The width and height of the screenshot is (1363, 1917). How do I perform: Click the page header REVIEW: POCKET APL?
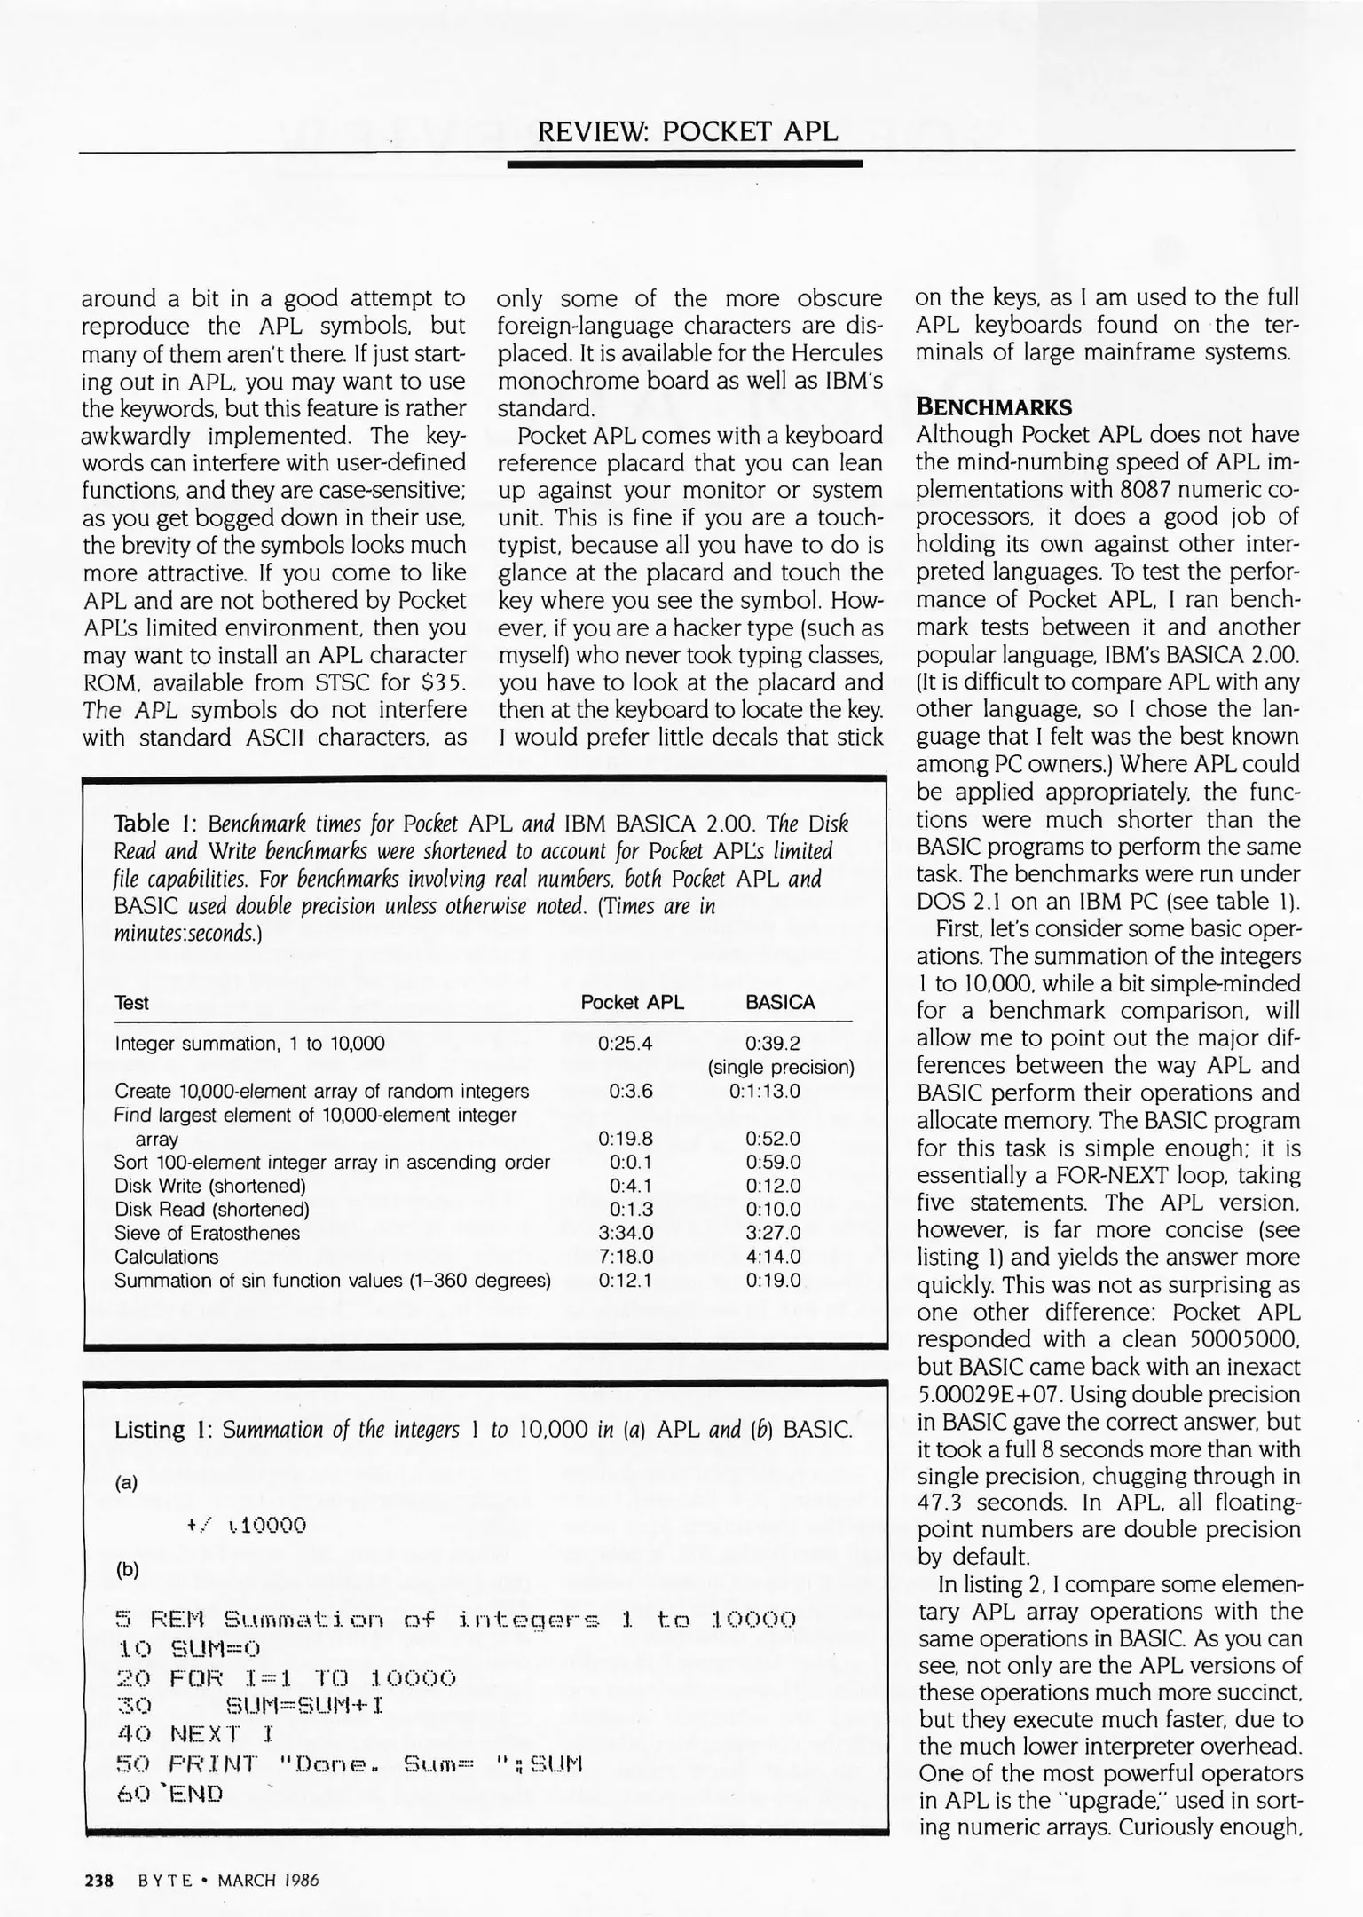point(687,131)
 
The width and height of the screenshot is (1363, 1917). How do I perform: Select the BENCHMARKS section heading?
point(994,407)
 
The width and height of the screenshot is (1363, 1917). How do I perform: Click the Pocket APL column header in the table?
point(632,1003)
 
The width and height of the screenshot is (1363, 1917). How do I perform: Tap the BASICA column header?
point(780,1003)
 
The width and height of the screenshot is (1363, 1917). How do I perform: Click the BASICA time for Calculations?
point(773,1258)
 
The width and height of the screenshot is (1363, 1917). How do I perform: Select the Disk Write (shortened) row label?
point(209,1187)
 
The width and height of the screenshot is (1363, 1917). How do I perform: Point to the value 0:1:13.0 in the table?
point(764,1092)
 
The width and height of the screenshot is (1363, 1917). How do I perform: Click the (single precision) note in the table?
point(781,1068)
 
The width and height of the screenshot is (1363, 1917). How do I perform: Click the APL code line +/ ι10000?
point(247,1526)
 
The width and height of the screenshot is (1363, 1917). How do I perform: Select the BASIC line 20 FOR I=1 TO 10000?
point(287,1678)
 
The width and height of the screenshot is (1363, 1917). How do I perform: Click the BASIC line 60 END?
point(170,1794)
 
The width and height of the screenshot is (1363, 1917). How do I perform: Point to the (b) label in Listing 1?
point(127,1569)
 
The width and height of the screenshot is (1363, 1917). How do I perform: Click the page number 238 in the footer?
point(98,1880)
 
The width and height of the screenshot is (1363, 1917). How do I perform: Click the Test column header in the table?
point(131,1003)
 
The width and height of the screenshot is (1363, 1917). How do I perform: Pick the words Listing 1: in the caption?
point(162,1430)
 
